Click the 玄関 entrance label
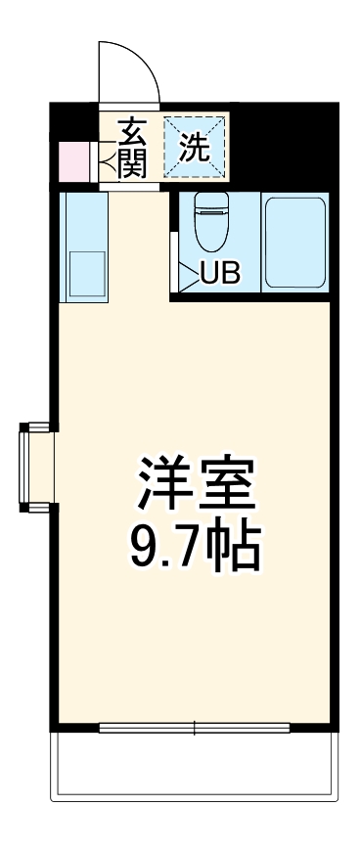click(132, 147)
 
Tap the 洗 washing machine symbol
click(195, 149)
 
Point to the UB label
click(219, 274)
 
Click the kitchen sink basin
click(86, 276)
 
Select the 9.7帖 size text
click(195, 550)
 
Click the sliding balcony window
click(194, 728)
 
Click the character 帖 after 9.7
click(236, 550)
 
